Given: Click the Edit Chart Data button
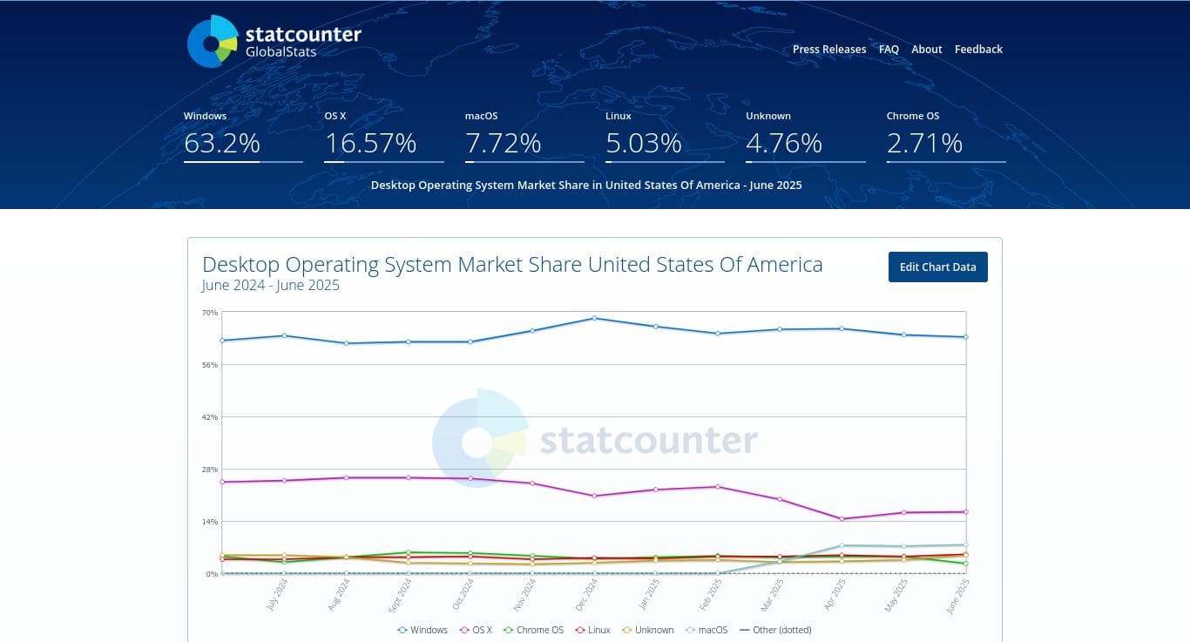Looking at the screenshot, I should coord(937,267).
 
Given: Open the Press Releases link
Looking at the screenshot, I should coord(828,50).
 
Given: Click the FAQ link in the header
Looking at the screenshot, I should coord(889,50).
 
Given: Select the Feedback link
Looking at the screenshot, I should coord(978,50).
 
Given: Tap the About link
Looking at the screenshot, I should coord(926,50).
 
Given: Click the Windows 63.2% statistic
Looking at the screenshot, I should coord(222,143).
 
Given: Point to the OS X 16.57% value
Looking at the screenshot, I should coord(370,143).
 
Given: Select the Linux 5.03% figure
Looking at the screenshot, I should coord(643,143).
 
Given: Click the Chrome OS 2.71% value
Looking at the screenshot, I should coord(924,143).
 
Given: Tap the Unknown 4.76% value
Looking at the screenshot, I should coord(784,143).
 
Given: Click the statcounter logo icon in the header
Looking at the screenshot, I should coord(212,42).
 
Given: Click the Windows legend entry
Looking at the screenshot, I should coord(423,630).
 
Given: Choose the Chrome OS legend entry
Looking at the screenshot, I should coord(534,630).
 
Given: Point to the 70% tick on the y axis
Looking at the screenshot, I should coord(210,313).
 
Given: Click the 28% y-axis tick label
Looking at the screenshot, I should coord(210,470).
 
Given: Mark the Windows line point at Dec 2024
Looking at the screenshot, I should coord(594,318).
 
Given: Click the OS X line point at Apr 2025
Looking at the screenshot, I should coord(842,519).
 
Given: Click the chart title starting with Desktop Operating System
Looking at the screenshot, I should coord(512,265).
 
